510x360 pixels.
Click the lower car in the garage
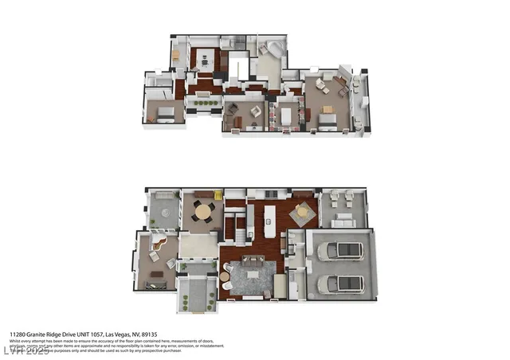341,284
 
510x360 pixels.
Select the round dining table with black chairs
204,212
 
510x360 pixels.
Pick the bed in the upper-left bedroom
164,112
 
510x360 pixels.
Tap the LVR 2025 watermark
18,350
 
